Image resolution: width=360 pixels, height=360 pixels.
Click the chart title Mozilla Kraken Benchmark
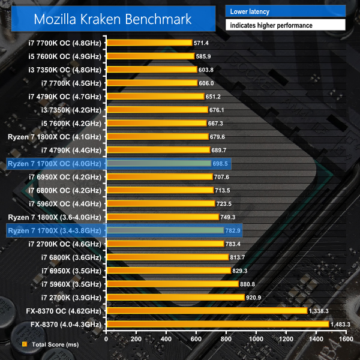click(x=113, y=19)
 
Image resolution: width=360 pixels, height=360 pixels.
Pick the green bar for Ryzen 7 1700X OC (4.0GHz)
click(x=158, y=163)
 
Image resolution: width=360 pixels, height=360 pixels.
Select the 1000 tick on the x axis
click(x=256, y=339)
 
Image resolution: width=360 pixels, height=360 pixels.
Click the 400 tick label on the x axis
click(x=166, y=339)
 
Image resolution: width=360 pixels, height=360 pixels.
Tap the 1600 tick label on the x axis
click(x=344, y=339)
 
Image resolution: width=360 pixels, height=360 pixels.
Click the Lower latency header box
click(x=285, y=10)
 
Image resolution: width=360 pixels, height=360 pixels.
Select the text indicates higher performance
click(x=285, y=25)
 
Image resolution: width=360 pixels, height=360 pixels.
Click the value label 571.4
click(x=200, y=43)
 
